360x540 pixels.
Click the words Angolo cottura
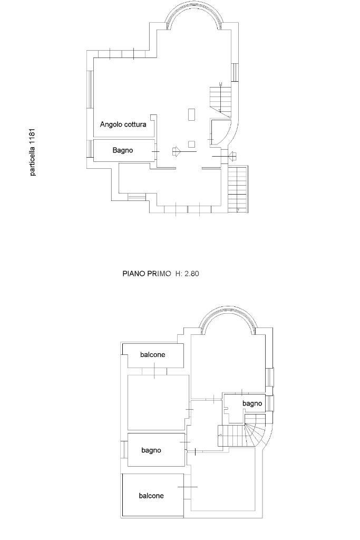(x=123, y=124)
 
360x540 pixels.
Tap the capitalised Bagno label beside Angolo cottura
(x=122, y=150)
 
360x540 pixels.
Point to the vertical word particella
(x=32, y=161)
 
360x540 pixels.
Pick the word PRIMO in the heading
(x=155, y=274)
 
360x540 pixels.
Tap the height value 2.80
(x=192, y=274)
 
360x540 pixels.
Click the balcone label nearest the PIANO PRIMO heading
(x=152, y=354)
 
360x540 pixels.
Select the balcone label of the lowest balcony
(x=151, y=496)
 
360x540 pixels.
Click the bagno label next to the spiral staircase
(x=252, y=403)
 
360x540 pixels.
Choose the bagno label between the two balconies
(x=151, y=450)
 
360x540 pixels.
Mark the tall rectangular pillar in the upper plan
(x=192, y=114)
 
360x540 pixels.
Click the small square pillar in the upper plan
(x=192, y=144)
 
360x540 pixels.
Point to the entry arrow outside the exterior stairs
(x=232, y=156)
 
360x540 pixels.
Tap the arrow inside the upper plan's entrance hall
(x=176, y=151)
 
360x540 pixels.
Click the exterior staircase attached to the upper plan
(x=238, y=189)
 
